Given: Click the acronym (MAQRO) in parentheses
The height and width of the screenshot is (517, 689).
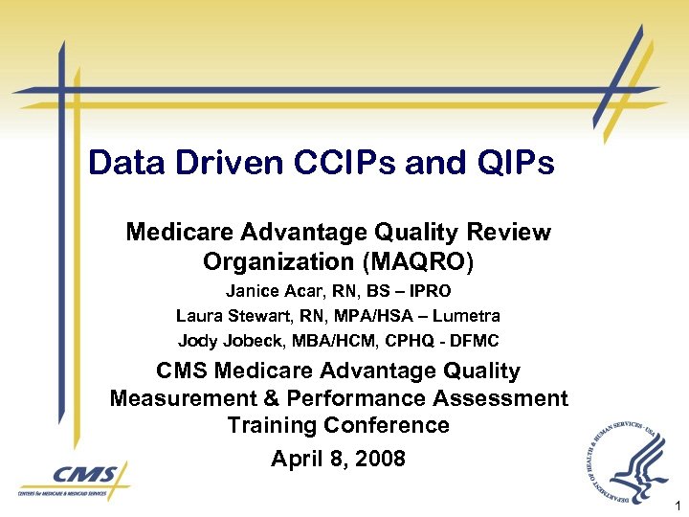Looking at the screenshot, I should tap(418, 261).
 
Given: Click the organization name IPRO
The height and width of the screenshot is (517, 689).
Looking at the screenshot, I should tap(430, 290).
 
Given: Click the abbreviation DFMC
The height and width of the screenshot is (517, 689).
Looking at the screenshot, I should tap(475, 340).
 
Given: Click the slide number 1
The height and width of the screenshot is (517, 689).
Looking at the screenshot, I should tap(678, 505).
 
